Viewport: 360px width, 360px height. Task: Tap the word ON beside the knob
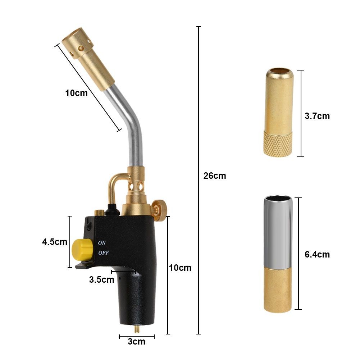(102, 243)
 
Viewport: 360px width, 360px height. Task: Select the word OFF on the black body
(104, 252)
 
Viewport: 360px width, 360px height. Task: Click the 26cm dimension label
(215, 176)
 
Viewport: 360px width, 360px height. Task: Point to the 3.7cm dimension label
(317, 116)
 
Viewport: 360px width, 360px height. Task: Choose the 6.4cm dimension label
(317, 254)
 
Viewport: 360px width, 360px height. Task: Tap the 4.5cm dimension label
(55, 242)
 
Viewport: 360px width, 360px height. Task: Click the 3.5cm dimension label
(102, 279)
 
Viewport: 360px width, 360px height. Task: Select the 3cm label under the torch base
(137, 341)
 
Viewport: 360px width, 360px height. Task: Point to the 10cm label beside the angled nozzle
(76, 93)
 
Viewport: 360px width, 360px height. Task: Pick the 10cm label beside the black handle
(181, 268)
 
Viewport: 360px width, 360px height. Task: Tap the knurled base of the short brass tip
(278, 143)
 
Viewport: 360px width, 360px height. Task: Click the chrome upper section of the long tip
(278, 230)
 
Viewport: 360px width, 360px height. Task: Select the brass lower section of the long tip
(278, 290)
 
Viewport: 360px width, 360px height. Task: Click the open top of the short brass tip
(279, 71)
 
